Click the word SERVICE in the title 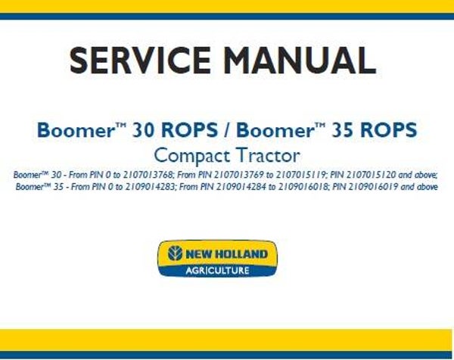[x=130, y=61]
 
